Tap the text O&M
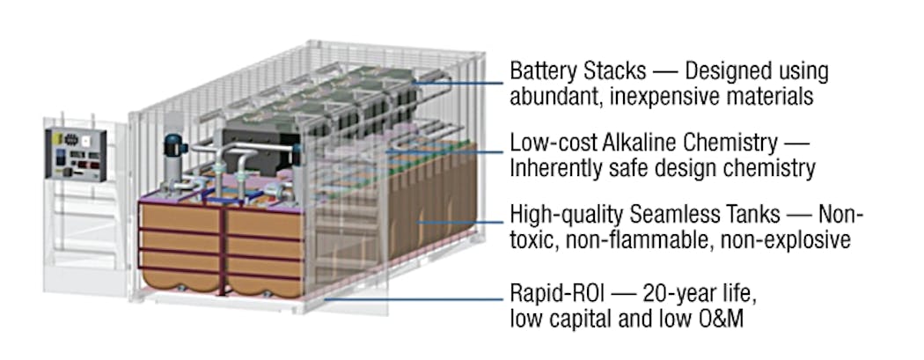click(718, 318)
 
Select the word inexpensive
click(673, 96)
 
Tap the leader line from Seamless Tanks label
click(458, 224)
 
